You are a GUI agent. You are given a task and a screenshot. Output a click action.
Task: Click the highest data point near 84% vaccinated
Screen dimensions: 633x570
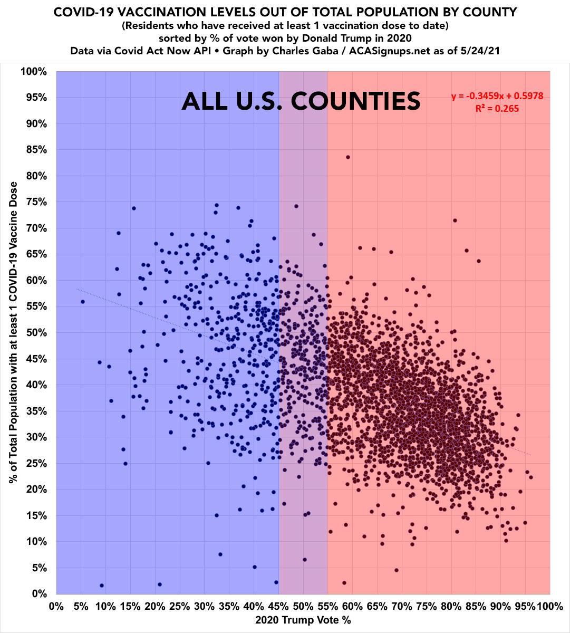pos(348,157)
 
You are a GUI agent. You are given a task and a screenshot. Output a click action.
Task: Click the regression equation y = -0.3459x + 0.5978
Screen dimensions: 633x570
pos(497,96)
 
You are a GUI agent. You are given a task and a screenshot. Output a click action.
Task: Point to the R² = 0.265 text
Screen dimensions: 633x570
pos(497,109)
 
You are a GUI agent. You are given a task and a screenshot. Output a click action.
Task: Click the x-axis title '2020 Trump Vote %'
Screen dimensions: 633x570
pos(303,620)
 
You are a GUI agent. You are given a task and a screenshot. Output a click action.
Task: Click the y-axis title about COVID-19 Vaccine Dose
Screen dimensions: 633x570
pos(13,332)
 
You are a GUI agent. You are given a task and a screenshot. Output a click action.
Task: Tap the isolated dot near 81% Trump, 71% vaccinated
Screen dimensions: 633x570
pos(455,220)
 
